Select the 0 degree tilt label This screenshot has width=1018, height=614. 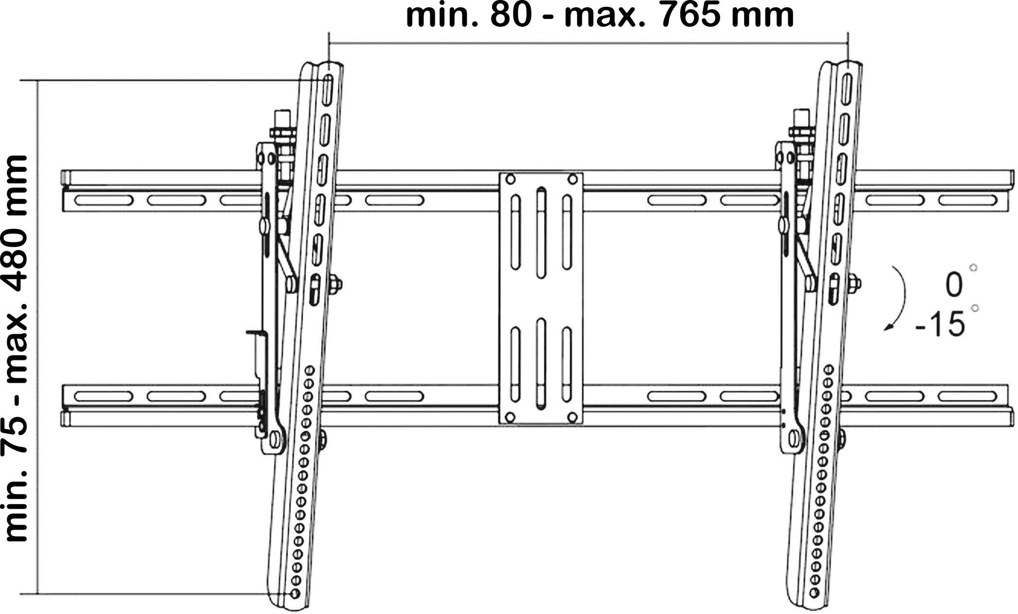[x=954, y=285]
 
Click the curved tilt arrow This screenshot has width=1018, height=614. [x=899, y=298]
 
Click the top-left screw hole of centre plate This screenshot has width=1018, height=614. [x=510, y=179]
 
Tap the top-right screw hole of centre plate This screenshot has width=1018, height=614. [x=573, y=179]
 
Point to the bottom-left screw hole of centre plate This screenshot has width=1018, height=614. [x=510, y=417]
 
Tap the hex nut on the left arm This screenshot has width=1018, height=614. [x=335, y=284]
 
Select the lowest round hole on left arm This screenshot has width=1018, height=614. [x=294, y=594]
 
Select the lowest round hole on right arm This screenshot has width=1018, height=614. [x=813, y=594]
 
